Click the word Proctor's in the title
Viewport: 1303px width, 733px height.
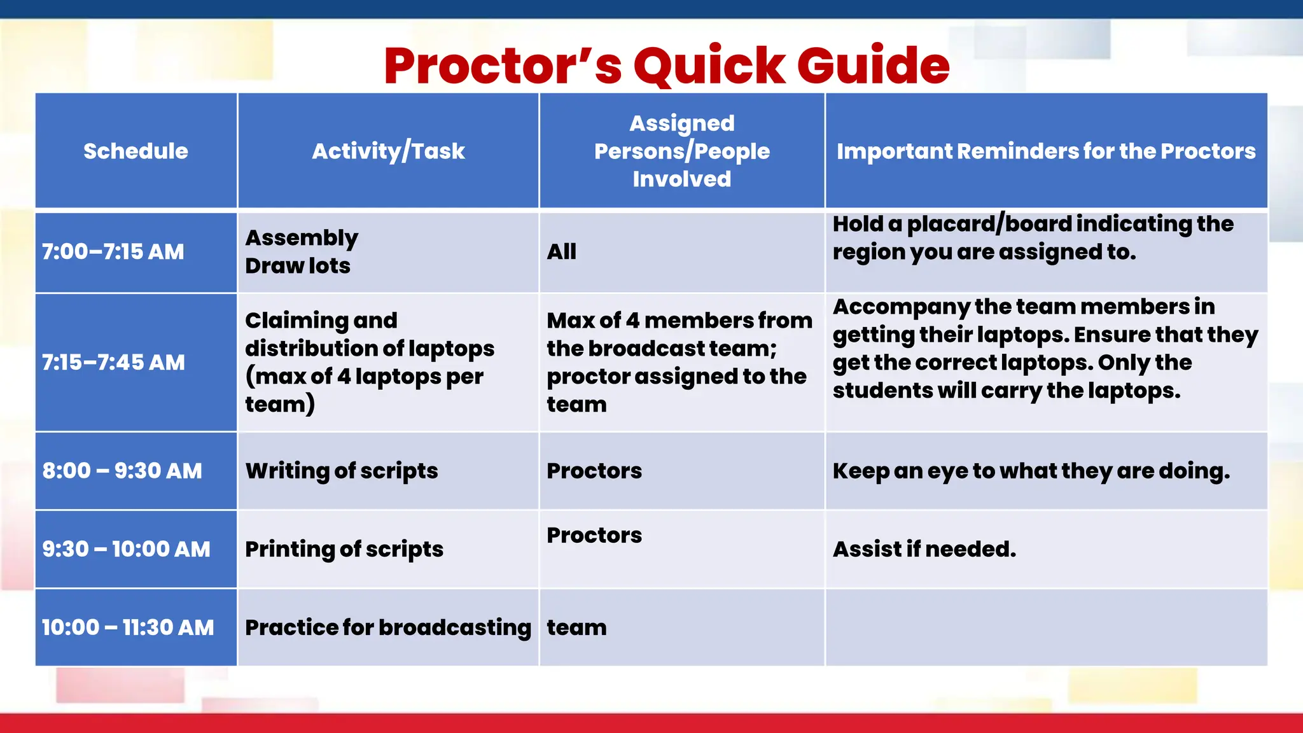503,66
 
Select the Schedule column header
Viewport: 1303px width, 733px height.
136,151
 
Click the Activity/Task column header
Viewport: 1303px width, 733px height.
388,151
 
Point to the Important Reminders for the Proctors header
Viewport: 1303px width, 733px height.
1046,151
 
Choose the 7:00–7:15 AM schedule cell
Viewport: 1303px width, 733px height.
113,252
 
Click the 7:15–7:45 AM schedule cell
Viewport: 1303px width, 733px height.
113,363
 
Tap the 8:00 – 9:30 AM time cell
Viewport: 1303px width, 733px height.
122,471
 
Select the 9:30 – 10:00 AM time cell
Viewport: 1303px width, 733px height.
126,549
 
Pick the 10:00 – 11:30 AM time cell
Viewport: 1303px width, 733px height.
128,627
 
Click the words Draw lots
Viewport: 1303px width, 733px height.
298,266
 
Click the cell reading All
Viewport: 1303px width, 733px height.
562,252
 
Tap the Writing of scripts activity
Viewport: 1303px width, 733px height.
342,471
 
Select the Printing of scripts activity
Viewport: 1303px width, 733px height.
344,549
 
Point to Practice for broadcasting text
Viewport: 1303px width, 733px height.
388,627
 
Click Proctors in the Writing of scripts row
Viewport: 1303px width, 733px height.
594,471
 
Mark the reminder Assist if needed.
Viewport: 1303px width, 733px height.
924,549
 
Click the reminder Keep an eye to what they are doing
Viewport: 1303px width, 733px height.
1031,471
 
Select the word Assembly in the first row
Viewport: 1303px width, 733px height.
302,238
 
